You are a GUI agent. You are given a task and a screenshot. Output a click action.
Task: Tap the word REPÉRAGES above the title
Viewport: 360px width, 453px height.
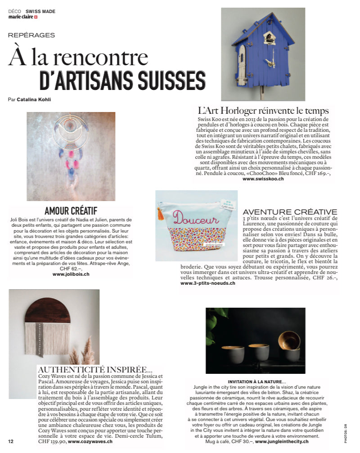click(31, 35)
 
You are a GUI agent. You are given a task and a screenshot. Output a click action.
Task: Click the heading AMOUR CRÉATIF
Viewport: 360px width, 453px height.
click(71, 211)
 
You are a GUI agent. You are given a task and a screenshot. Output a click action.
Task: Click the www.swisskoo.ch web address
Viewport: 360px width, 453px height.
click(263, 179)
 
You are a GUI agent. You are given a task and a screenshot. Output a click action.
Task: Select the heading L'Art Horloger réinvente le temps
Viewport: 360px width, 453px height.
click(263, 111)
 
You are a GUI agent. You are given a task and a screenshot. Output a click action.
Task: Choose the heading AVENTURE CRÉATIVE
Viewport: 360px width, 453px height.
click(290, 212)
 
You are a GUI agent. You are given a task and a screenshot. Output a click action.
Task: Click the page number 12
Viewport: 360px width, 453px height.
click(11, 441)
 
